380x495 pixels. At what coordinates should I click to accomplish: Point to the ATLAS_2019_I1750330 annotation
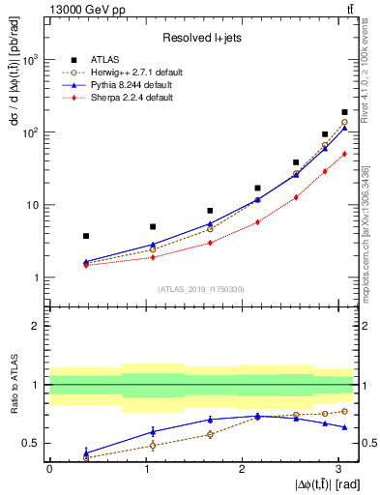[200, 289]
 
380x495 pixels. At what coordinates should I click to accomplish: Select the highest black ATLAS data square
[344, 113]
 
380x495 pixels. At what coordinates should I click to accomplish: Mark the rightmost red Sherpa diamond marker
[344, 154]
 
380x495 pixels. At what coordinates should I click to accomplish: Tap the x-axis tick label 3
[337, 469]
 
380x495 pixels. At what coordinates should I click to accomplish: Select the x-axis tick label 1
[145, 469]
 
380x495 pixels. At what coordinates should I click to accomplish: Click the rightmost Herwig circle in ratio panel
[344, 411]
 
